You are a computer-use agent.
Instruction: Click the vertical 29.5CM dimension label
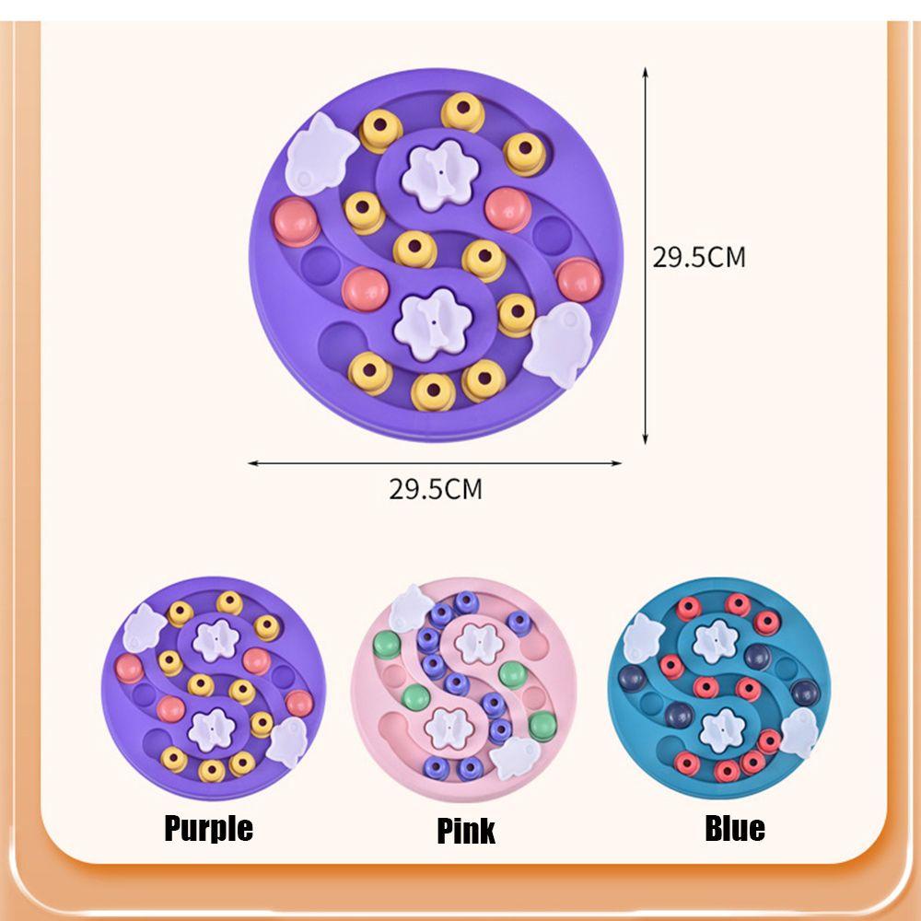[x=699, y=257]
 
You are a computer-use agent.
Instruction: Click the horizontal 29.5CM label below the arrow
[x=435, y=488]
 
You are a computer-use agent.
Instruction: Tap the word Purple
[x=208, y=828]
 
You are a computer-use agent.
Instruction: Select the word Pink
[x=466, y=831]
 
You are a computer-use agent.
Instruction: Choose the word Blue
[x=735, y=828]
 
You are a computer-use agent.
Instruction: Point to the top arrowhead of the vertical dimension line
[x=646, y=70]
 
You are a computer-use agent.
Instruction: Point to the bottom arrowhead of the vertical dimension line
[x=646, y=440]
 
